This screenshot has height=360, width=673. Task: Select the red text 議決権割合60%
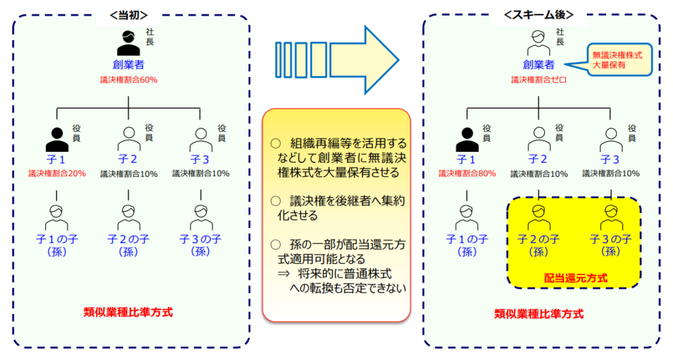128,79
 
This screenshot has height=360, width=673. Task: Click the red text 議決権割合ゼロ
539,79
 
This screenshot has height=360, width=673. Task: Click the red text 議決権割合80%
467,173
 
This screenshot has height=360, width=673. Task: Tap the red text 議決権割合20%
57,173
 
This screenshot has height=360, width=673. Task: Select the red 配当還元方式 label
575,278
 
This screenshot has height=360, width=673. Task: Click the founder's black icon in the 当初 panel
128,43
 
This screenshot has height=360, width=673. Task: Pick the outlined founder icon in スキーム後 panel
538,43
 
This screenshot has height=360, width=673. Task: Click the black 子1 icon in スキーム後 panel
467,139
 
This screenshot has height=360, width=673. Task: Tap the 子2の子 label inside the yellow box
538,238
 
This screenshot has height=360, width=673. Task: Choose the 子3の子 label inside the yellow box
611,238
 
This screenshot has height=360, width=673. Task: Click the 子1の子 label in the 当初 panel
57,239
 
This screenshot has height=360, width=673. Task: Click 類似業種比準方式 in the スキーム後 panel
539,313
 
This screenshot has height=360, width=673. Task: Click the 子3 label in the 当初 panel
200,159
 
